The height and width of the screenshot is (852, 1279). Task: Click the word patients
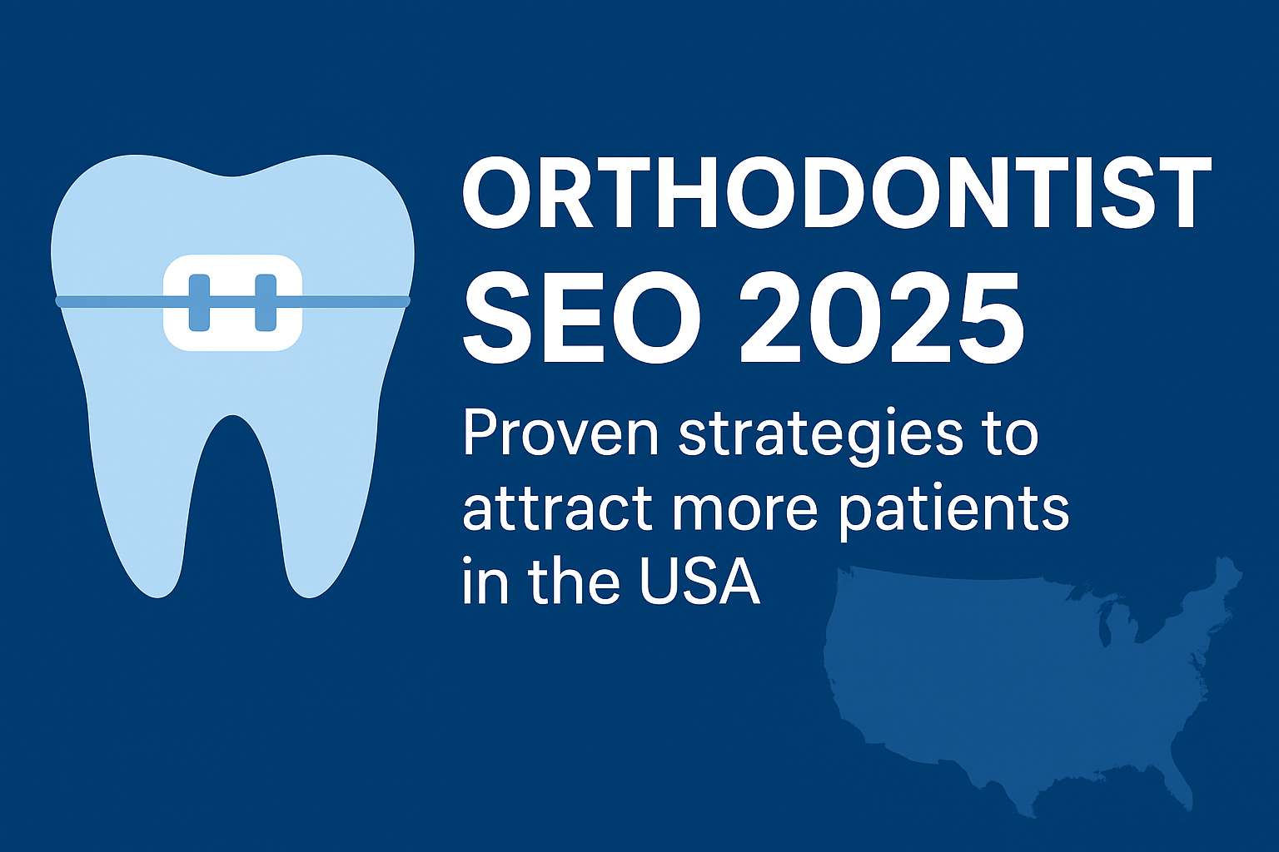[953, 509]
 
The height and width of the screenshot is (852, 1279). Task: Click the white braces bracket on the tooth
[232, 302]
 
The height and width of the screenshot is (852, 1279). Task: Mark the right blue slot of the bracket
[265, 301]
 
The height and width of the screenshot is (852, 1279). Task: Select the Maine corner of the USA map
[1226, 574]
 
